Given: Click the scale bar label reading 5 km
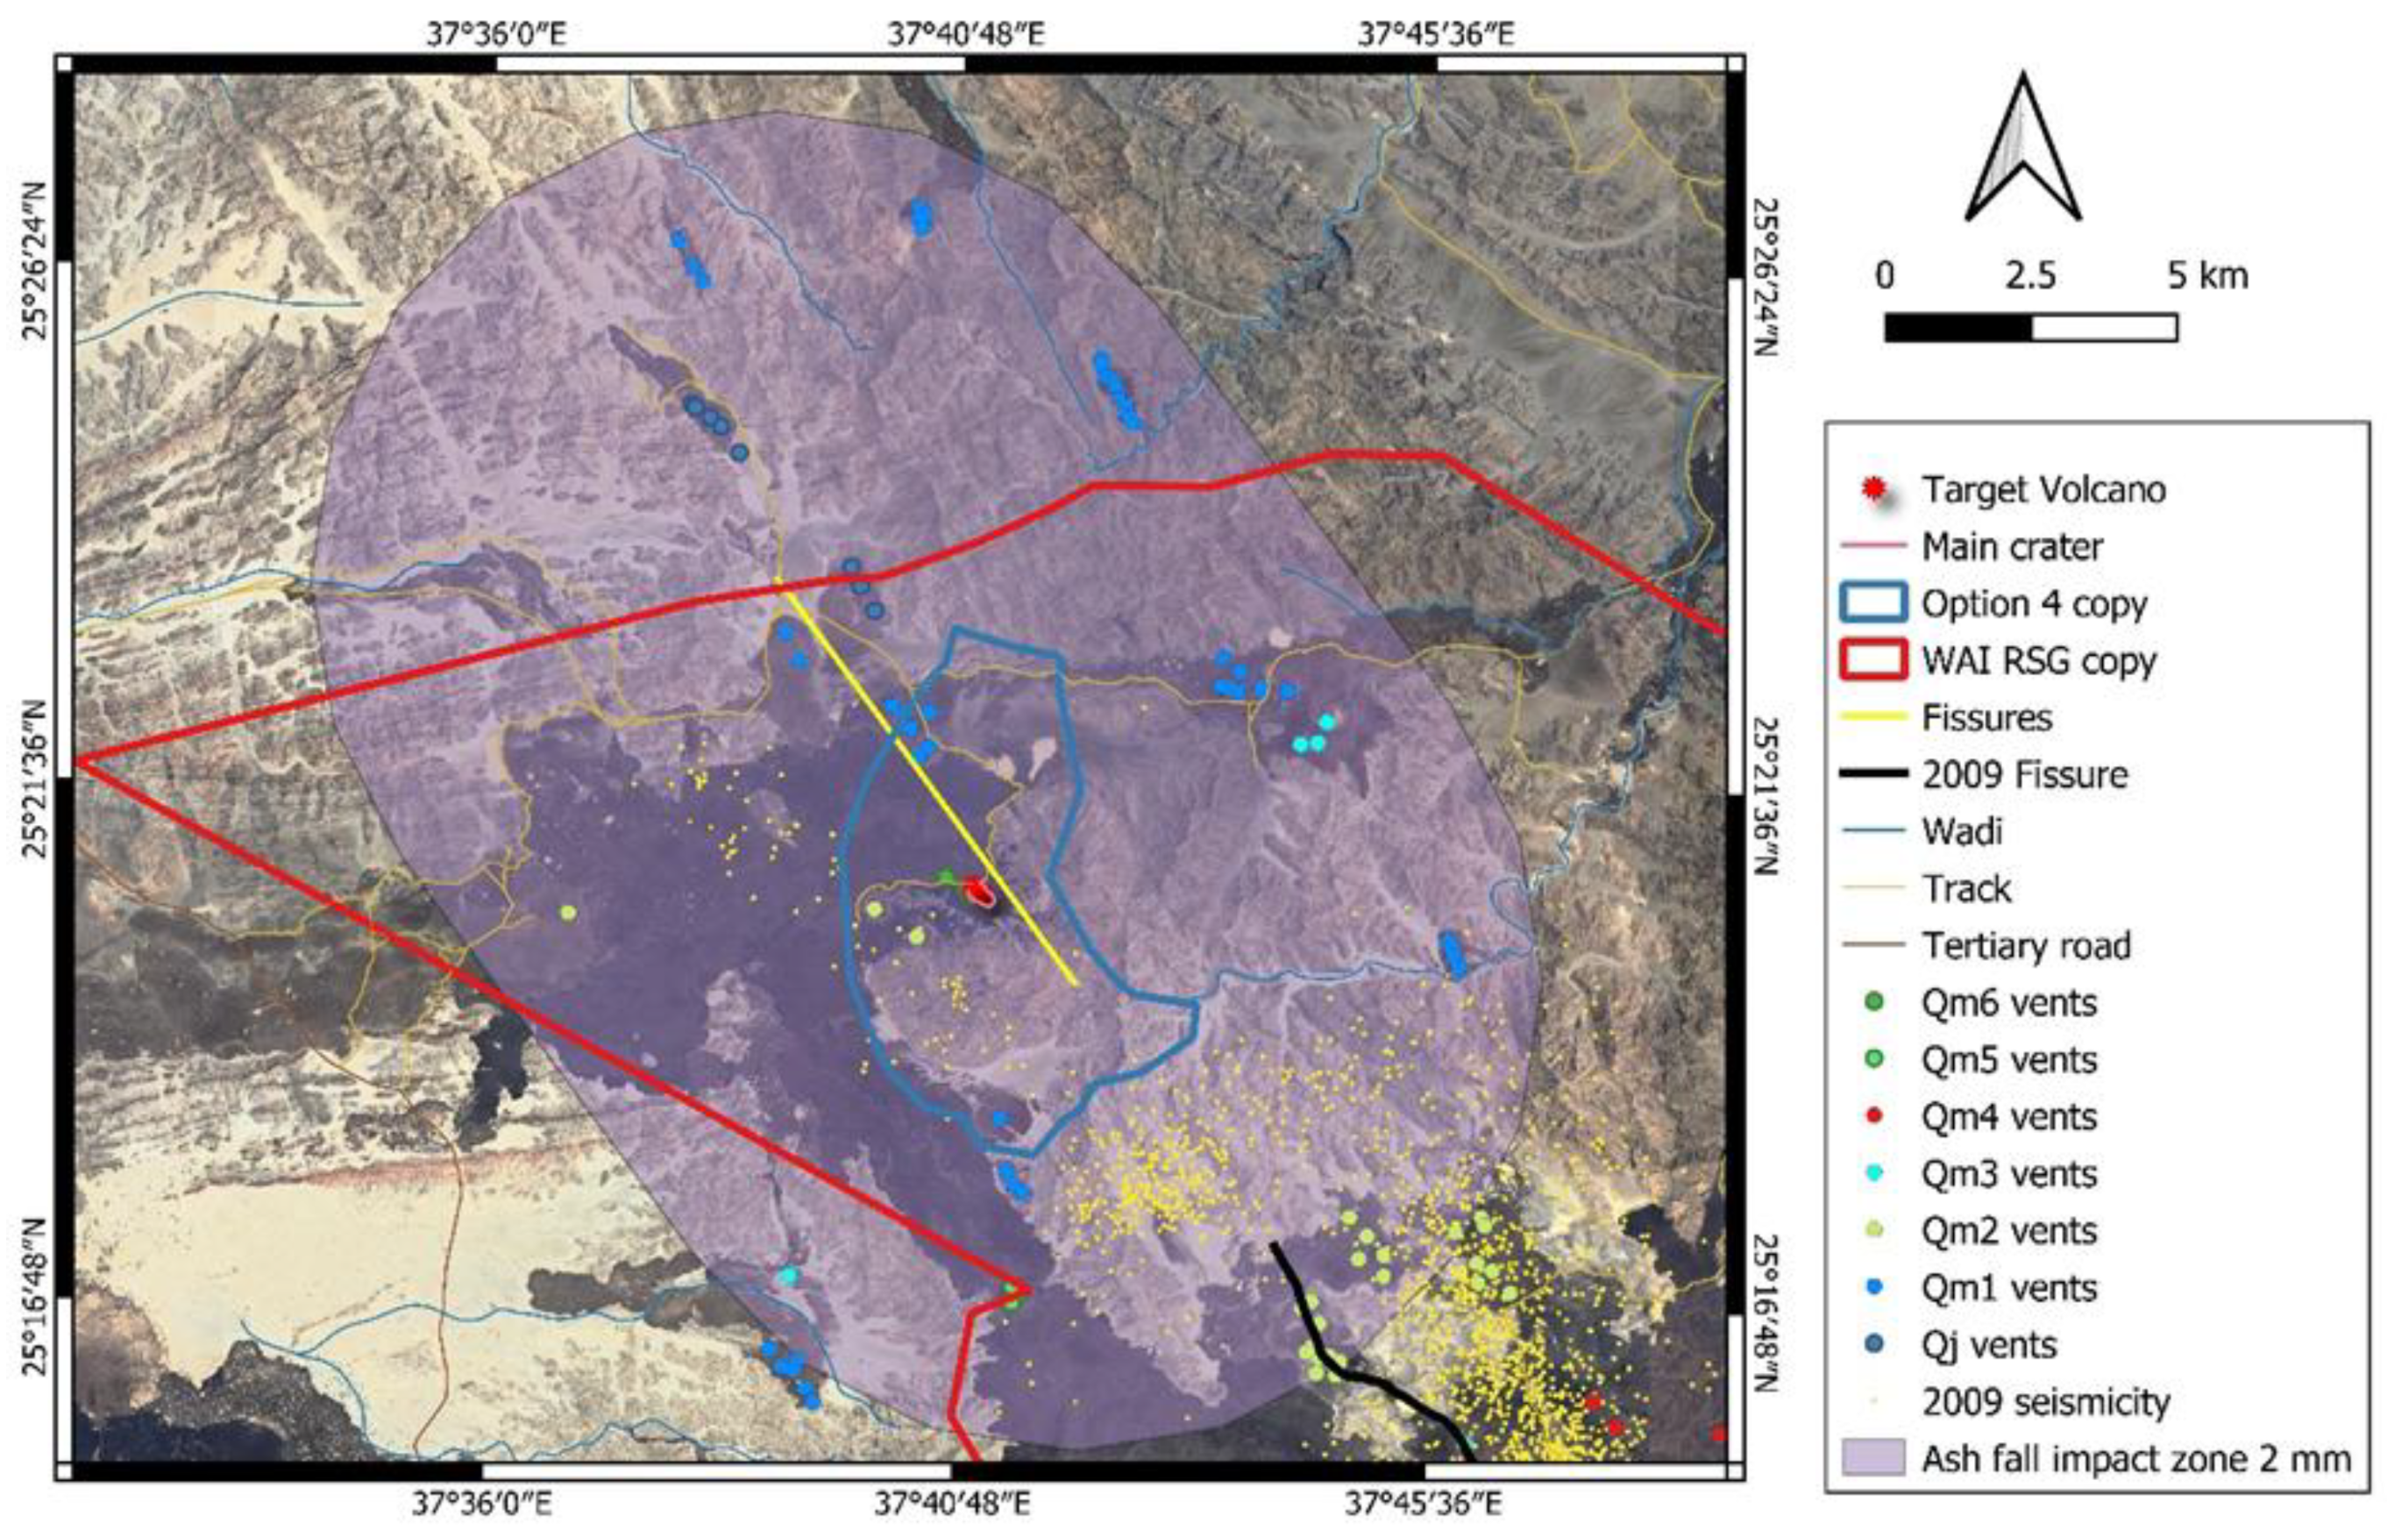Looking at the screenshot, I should click(2207, 276).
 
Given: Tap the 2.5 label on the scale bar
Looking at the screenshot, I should click(2029, 276).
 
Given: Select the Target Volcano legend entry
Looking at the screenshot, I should click(2042, 490).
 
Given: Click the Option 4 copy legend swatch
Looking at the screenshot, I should click(1873, 604).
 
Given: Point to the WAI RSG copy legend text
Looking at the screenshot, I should click(2038, 661).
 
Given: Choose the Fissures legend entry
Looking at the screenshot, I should click(1986, 717).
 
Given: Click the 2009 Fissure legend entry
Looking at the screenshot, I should click(2023, 775).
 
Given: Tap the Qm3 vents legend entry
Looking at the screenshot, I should click(2008, 1174).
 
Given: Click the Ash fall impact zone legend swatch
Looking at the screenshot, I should click(1873, 1458).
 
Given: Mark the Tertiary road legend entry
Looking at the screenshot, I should click(2026, 946).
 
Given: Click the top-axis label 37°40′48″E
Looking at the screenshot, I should click(965, 36).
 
